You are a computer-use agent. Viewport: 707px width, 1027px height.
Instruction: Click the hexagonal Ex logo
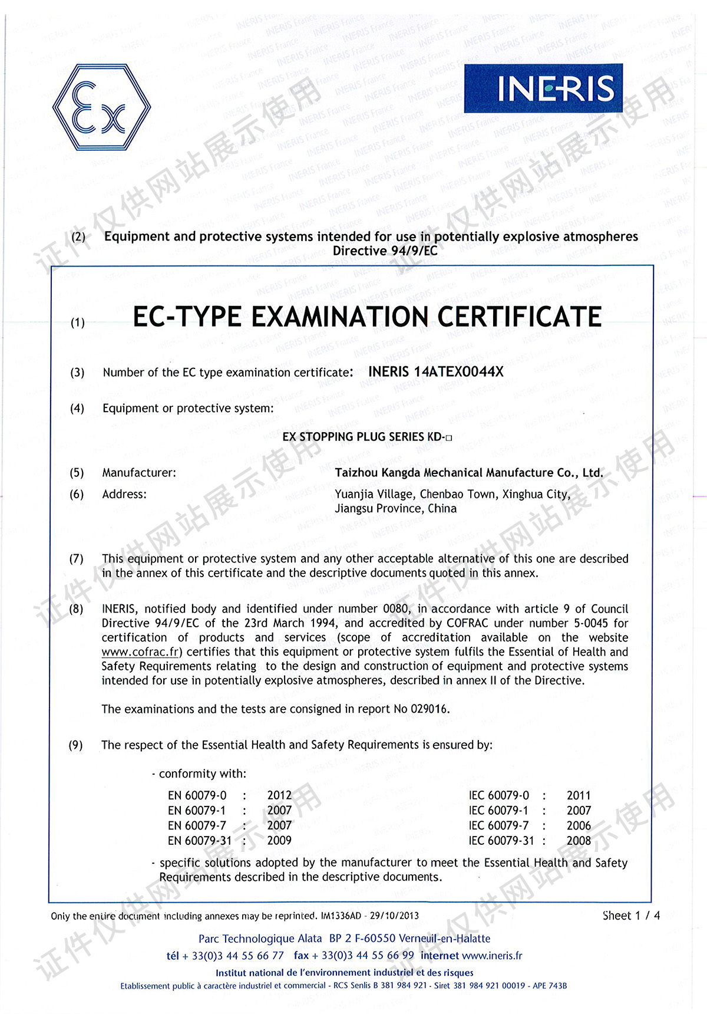pyautogui.click(x=101, y=107)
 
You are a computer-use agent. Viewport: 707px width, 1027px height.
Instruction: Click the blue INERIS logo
pyautogui.click(x=543, y=88)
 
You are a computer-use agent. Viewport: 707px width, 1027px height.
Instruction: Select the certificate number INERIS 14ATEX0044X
pyautogui.click(x=435, y=371)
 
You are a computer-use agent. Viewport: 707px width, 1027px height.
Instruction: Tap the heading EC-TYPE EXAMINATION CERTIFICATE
pyautogui.click(x=366, y=317)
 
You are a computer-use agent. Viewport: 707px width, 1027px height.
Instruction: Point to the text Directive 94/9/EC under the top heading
pyautogui.click(x=385, y=251)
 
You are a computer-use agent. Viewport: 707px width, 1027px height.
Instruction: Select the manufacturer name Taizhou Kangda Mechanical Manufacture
pyautogui.click(x=468, y=473)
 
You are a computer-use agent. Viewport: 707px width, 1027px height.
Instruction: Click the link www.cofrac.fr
pyautogui.click(x=140, y=652)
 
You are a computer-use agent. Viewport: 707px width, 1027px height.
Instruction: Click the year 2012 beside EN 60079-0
pyautogui.click(x=279, y=795)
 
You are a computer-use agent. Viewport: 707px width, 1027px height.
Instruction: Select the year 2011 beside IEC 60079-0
pyautogui.click(x=578, y=795)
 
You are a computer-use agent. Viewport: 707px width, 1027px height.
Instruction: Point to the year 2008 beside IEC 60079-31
pyautogui.click(x=578, y=841)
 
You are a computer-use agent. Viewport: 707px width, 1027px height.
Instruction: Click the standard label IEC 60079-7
pyautogui.click(x=498, y=825)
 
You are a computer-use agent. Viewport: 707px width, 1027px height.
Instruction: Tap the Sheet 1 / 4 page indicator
pyautogui.click(x=631, y=916)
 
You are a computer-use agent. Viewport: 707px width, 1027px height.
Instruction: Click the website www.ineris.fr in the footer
pyautogui.click(x=492, y=956)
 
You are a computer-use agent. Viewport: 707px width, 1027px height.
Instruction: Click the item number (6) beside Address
pyautogui.click(x=77, y=494)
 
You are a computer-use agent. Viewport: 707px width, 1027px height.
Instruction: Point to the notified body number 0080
pyautogui.click(x=396, y=608)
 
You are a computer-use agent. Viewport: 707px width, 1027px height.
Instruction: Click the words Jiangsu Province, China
pyautogui.click(x=395, y=509)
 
